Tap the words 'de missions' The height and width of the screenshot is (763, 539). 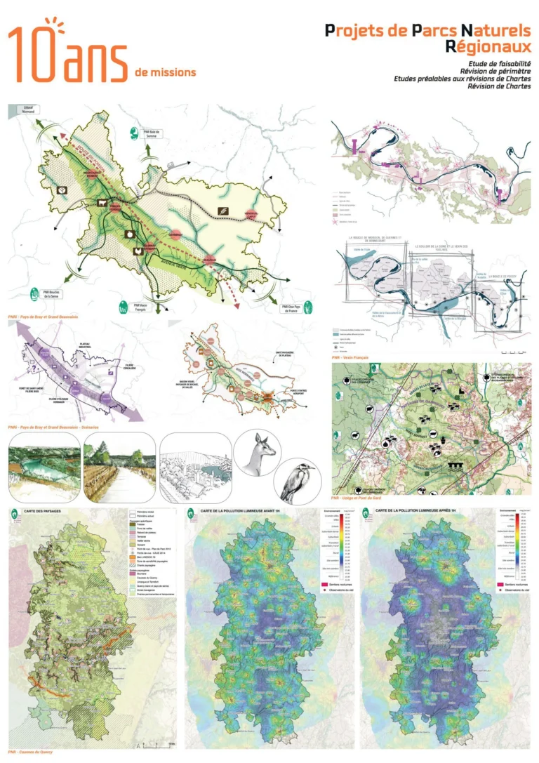[166, 72]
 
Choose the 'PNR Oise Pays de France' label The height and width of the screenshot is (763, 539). [294, 307]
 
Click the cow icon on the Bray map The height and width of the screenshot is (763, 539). [103, 204]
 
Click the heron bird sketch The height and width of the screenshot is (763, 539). [295, 483]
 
